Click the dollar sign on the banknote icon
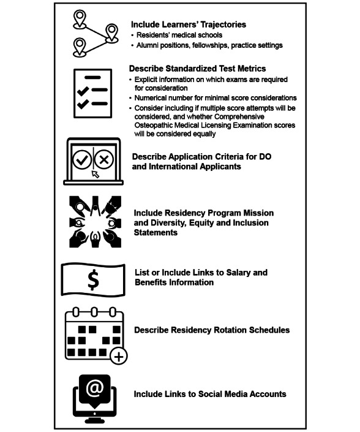point(93,279)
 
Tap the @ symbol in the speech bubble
point(94,388)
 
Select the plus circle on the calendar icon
point(119,357)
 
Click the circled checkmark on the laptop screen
point(82,159)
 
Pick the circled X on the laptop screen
point(103,159)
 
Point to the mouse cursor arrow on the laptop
point(96,174)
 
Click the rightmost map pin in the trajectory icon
point(111,33)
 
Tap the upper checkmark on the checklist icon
point(83,90)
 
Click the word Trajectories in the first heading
point(223,25)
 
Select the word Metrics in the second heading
point(252,69)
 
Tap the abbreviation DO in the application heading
point(265,156)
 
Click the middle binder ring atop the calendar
point(94,312)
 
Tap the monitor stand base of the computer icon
point(94,421)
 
